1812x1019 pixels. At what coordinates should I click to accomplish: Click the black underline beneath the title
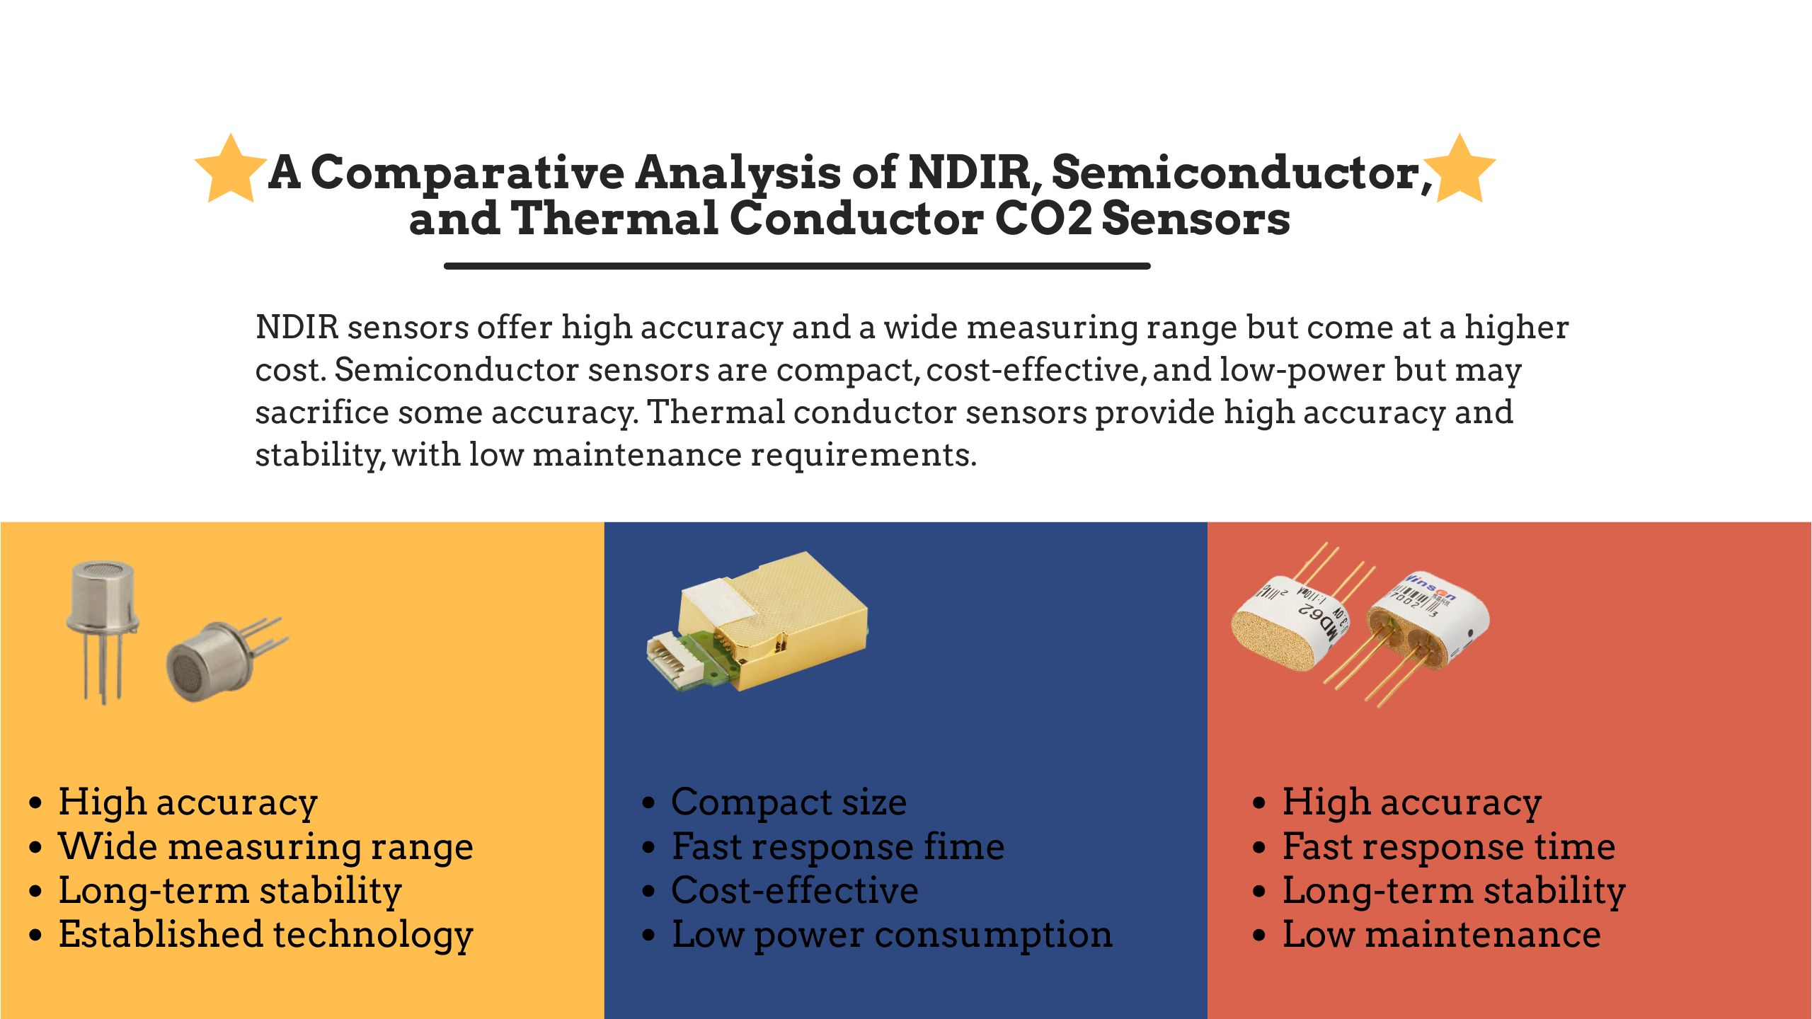pyautogui.click(x=797, y=266)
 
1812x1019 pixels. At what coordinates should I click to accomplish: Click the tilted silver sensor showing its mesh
pyautogui.click(x=225, y=660)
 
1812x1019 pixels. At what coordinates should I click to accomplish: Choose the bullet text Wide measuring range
pyautogui.click(x=265, y=847)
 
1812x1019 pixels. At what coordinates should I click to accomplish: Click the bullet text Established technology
pyautogui.click(x=265, y=935)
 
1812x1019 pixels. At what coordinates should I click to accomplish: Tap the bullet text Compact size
pyautogui.click(x=789, y=803)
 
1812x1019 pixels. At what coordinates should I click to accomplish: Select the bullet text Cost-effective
pyautogui.click(x=794, y=891)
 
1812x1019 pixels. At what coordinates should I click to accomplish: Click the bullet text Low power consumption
pyautogui.click(x=892, y=935)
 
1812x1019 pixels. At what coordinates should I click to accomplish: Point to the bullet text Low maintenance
pyautogui.click(x=1442, y=935)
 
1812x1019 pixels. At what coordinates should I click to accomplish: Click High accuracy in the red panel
pyautogui.click(x=1412, y=803)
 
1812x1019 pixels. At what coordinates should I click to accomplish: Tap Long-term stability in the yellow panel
pyautogui.click(x=230, y=891)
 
